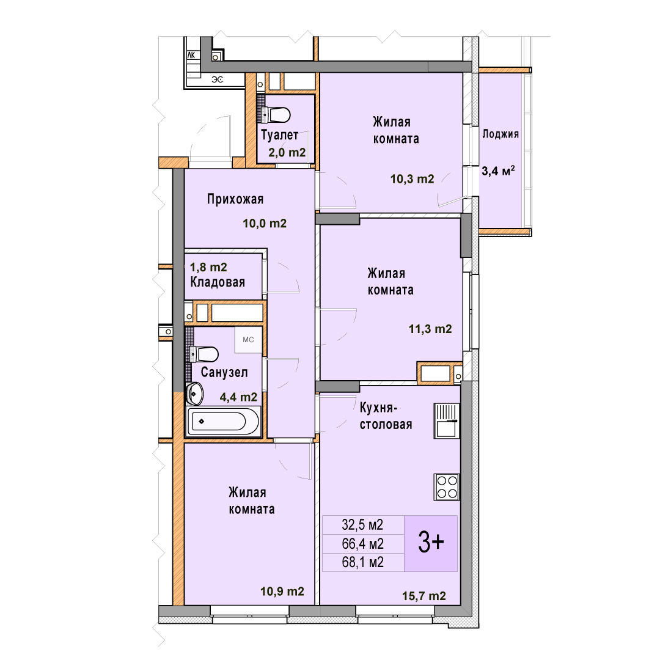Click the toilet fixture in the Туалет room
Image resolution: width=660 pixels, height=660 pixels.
276,114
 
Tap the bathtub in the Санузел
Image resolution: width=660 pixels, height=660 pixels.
222,421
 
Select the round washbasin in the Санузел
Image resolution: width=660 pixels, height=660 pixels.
195,394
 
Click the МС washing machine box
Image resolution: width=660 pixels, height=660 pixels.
248,340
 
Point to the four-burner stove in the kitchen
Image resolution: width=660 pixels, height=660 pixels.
447,487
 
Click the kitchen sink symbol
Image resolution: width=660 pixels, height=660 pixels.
447,421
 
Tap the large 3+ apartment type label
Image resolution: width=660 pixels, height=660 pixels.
431,542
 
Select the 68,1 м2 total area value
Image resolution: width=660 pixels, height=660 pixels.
363,562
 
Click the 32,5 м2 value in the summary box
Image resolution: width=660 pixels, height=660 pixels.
362,525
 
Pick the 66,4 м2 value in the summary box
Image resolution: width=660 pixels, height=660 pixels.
363,544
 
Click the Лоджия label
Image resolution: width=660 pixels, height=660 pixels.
501,134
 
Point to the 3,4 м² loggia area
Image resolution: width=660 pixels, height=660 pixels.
499,170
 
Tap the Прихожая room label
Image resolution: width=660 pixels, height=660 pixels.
235,199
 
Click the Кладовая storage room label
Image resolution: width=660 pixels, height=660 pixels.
218,282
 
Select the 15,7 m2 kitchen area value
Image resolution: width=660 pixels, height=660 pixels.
424,596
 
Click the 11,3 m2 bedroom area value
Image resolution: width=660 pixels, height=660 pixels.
430,329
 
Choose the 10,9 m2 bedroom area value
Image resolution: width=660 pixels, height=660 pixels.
282,592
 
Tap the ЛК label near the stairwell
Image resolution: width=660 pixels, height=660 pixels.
191,55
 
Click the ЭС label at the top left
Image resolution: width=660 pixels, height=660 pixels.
217,79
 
